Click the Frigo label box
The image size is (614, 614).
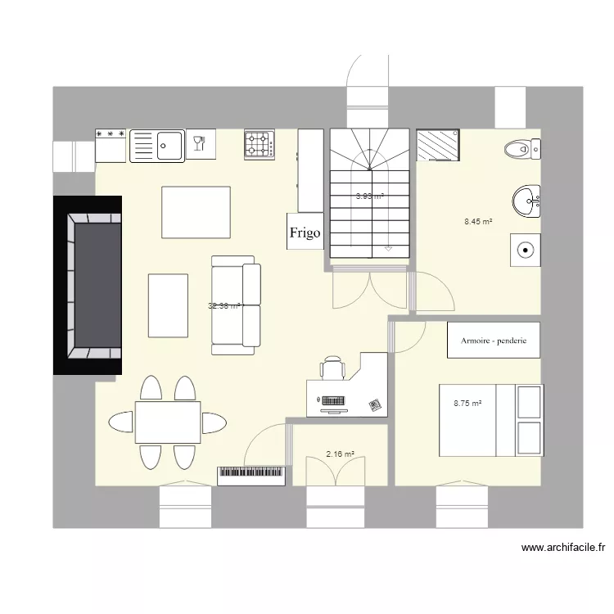coord(305,232)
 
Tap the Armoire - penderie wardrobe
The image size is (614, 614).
coord(494,340)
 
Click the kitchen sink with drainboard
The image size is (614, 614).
coord(157,146)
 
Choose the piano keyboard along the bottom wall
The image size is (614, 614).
coord(251,475)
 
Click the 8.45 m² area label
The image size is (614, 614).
coord(478,221)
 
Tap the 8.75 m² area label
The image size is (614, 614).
coord(467,403)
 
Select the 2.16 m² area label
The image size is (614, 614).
coord(340,454)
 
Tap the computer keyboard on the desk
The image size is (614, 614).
coord(332,401)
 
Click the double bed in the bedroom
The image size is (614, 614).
coord(490,420)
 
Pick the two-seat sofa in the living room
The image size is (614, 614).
coord(236,305)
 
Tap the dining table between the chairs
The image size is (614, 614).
coord(168,422)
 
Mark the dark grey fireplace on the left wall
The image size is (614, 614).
coord(88,285)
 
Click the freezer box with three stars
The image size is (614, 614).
coord(111,146)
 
